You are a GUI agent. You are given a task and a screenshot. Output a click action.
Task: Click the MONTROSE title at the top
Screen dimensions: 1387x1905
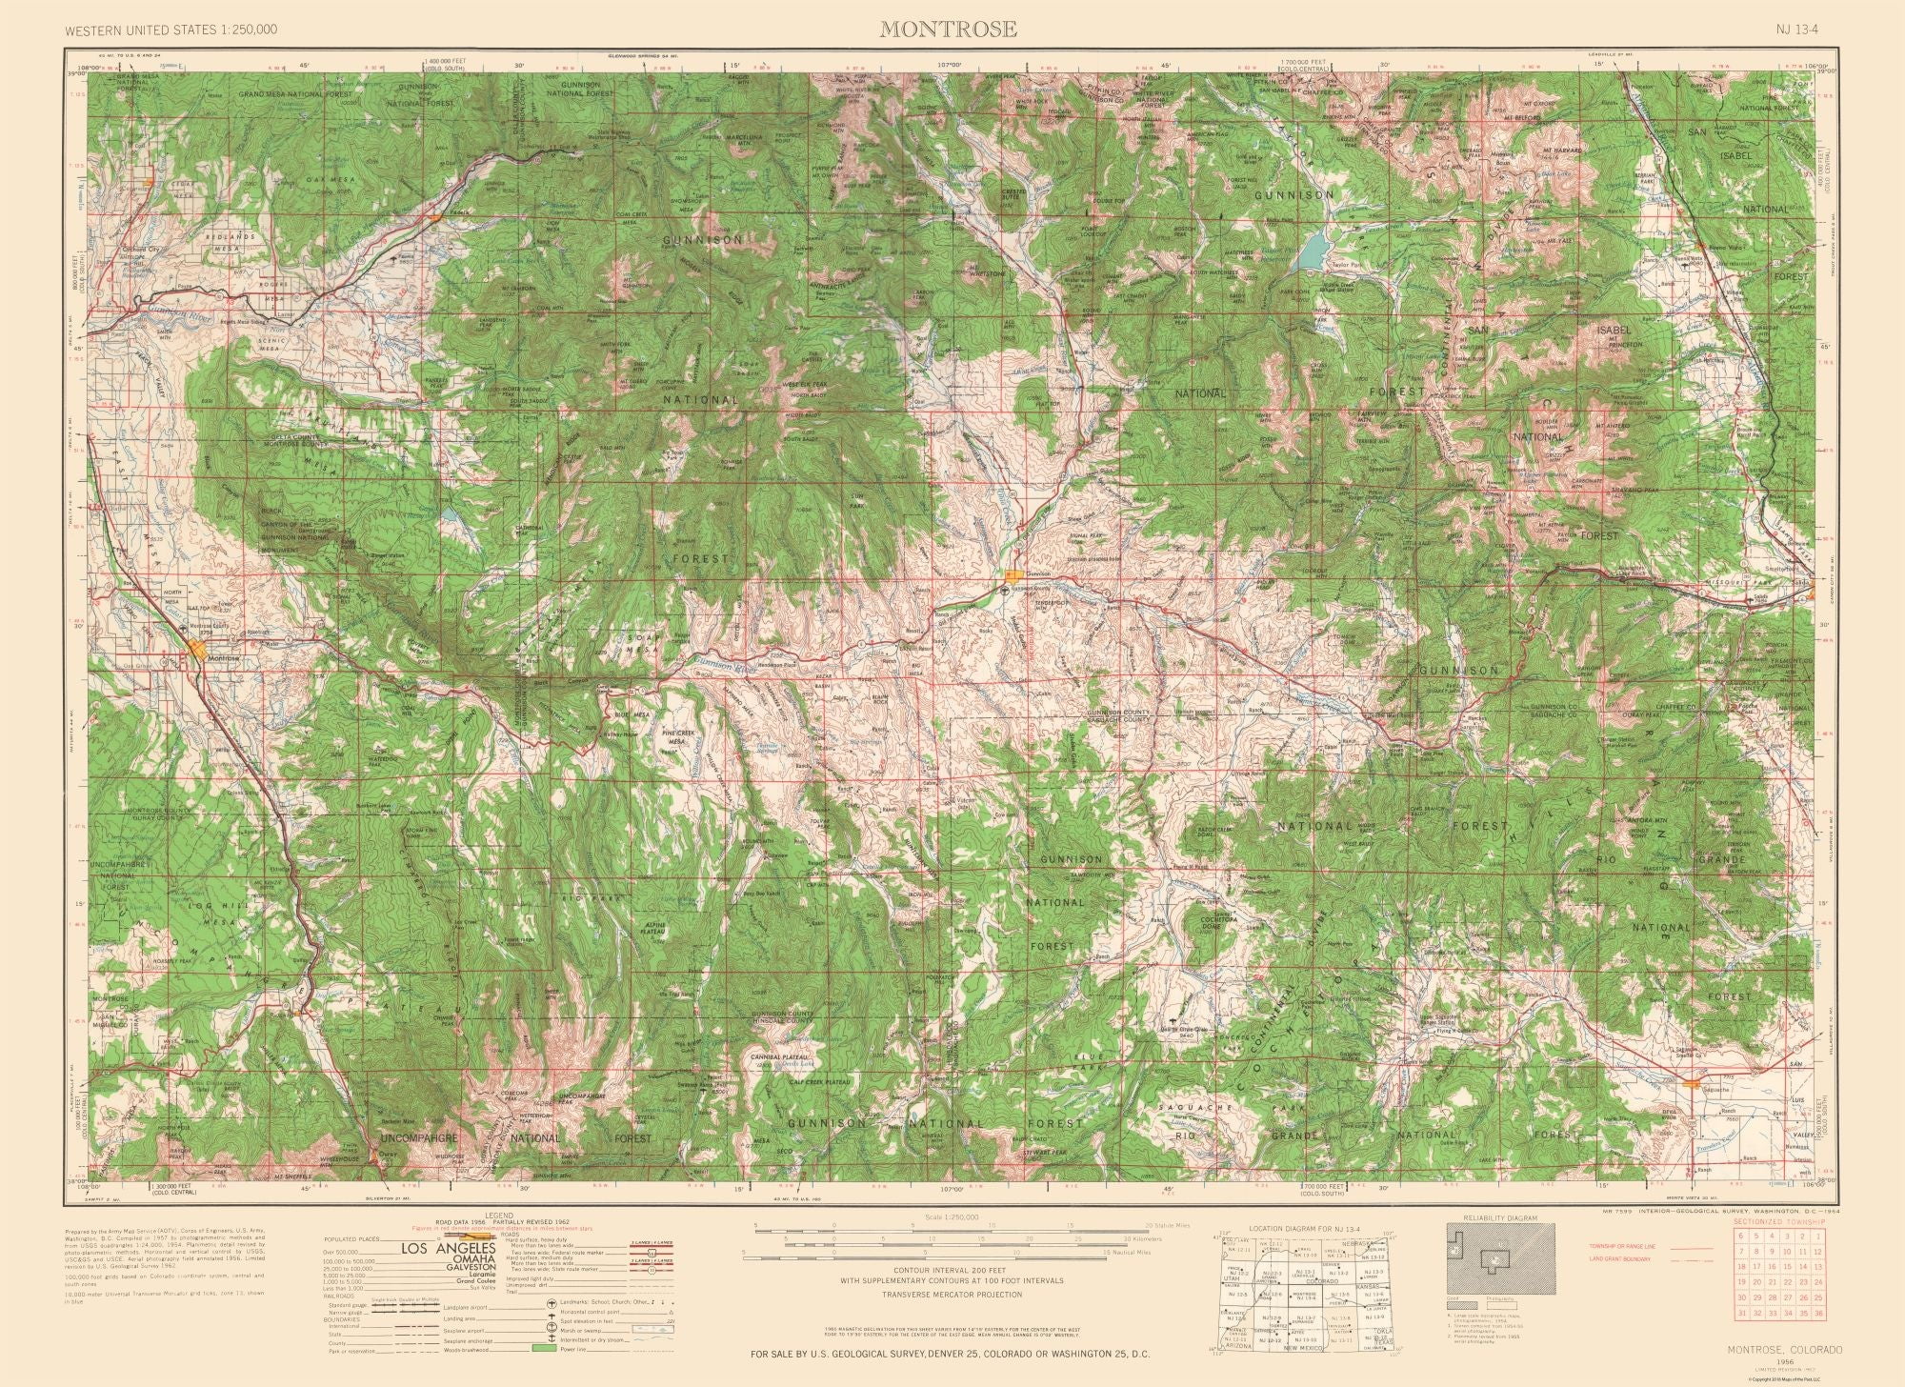point(948,29)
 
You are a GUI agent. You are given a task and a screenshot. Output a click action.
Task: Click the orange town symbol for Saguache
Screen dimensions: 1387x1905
point(1694,1083)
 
